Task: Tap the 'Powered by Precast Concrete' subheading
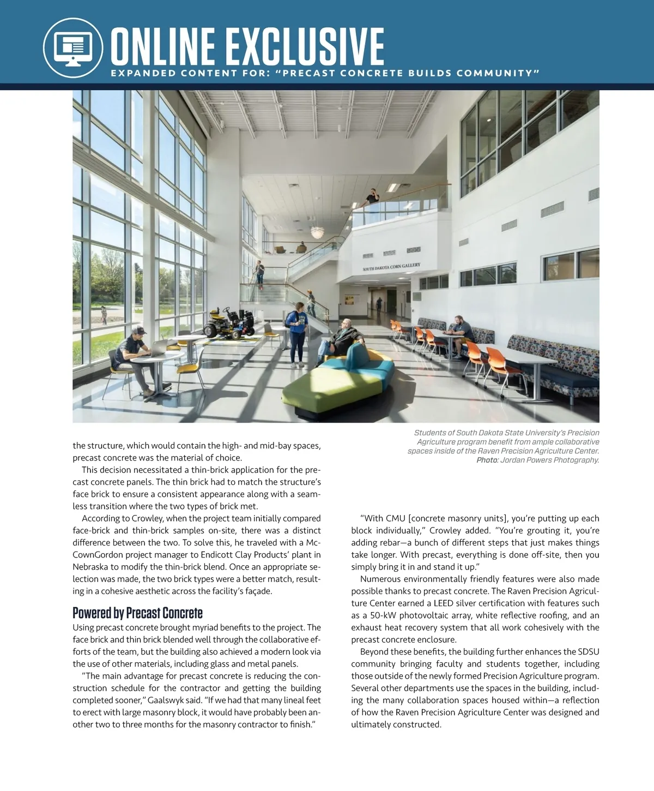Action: point(137,613)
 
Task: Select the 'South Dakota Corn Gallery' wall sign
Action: point(391,267)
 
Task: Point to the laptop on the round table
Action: point(160,346)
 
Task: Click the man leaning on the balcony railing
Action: point(373,196)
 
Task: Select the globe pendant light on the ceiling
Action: point(317,232)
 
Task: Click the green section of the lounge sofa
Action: point(325,385)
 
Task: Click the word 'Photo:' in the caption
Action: point(487,460)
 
